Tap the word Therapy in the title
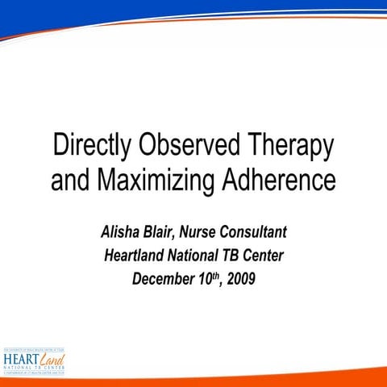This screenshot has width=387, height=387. click(288, 148)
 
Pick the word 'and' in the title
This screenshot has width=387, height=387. click(71, 179)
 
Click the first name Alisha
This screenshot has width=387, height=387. click(120, 234)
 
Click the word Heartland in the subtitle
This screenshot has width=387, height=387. click(138, 257)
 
